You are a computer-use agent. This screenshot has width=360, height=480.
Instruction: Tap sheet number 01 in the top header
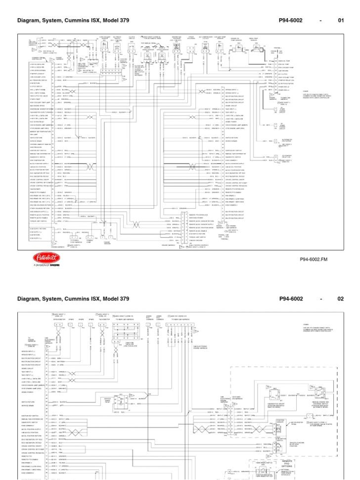(x=340, y=21)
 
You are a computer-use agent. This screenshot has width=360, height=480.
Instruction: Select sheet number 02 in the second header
(x=340, y=299)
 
